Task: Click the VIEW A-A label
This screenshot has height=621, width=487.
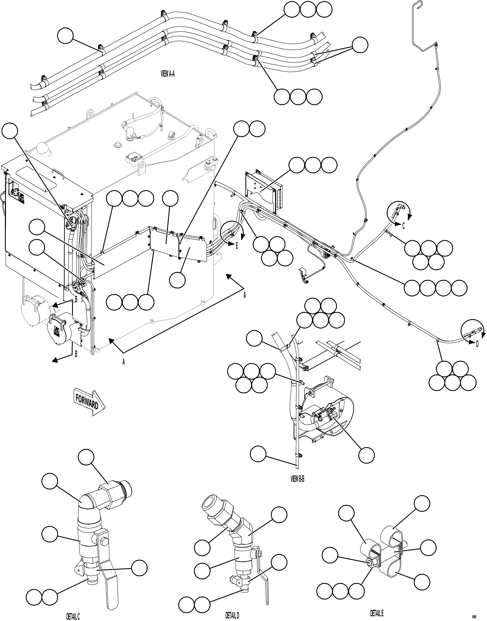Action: [168, 74]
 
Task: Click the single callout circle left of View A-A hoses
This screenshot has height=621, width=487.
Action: [65, 36]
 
